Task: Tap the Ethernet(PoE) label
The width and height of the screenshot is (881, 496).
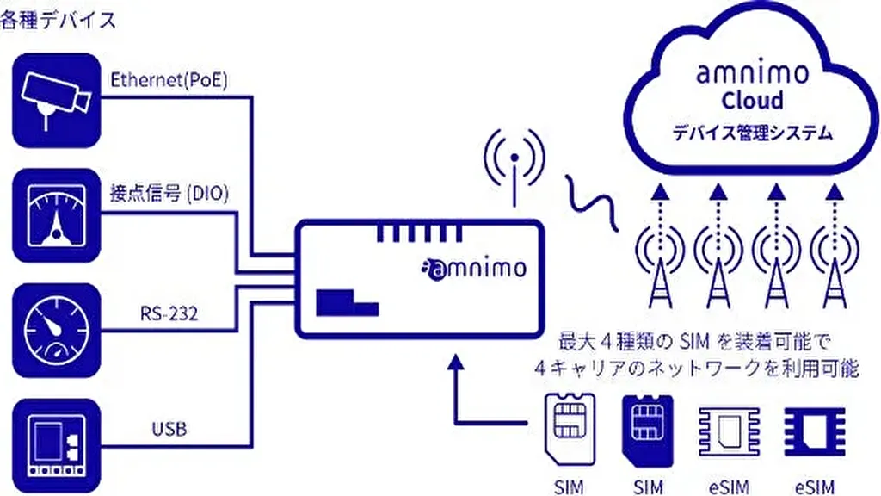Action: tap(169, 80)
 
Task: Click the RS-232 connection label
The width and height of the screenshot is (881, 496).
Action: tap(169, 313)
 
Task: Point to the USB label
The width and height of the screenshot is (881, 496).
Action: tap(169, 427)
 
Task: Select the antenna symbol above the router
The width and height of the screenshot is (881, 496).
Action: tap(514, 164)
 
